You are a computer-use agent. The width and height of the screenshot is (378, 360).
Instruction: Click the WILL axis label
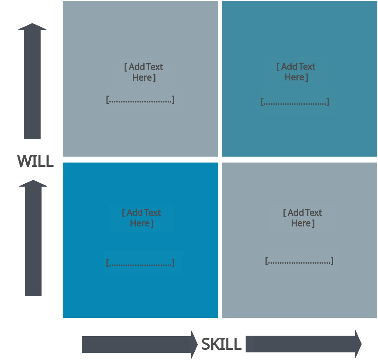point(35,161)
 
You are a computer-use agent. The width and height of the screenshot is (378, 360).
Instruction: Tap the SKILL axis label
point(221,345)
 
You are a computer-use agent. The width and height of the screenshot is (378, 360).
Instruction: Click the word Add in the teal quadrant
point(289,67)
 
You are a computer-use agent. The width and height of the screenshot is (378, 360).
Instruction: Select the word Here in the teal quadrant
point(295,77)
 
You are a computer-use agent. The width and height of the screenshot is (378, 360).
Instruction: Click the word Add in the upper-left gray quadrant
point(137,67)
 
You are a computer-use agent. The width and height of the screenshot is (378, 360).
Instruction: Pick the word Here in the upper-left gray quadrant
point(142,78)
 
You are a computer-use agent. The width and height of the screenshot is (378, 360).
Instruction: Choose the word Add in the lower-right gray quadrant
point(295,213)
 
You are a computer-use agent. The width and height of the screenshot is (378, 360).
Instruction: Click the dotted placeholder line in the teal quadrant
point(295,102)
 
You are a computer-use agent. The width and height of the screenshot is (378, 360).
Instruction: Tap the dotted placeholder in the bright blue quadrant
point(140,263)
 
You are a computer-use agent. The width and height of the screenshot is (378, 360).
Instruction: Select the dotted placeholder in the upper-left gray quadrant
point(140,99)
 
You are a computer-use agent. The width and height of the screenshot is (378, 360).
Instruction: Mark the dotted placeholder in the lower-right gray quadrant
point(299,261)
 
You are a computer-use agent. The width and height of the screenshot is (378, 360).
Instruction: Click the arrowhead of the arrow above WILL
point(32,27)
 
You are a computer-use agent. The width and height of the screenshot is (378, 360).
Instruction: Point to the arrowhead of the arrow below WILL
point(33,183)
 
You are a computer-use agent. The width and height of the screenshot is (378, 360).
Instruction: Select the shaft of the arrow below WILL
point(33,241)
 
